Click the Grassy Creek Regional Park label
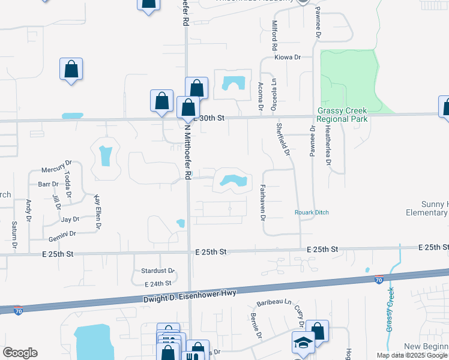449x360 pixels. [342, 115]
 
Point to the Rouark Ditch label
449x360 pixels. [312, 212]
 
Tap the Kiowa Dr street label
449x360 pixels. [287, 58]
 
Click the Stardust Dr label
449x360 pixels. [157, 271]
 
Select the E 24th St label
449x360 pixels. [158, 283]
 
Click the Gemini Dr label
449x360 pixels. [64, 233]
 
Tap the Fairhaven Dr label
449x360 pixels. [262, 202]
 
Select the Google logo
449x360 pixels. [20, 353]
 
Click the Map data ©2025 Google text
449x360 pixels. [411, 355]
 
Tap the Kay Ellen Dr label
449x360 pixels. [96, 212]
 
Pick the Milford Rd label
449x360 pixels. [274, 35]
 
